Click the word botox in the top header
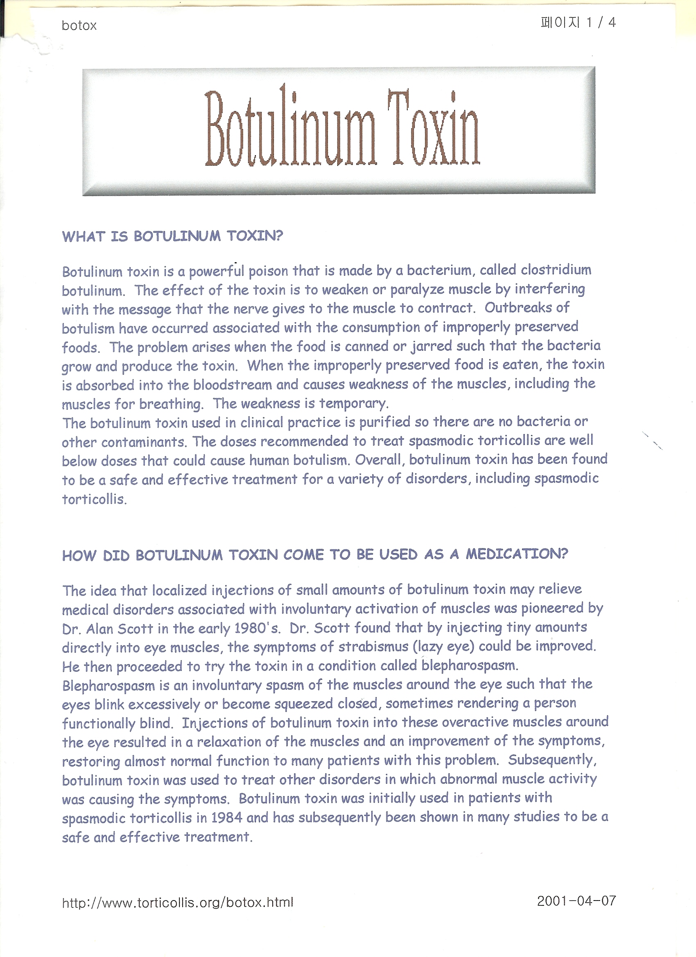point(79,26)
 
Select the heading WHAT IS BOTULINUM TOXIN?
point(172,236)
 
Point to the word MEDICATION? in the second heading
point(517,554)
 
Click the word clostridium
point(556,270)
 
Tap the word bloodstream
point(233,385)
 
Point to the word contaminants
point(144,442)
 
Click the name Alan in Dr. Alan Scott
point(99,629)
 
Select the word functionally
point(99,723)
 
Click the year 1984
point(226,818)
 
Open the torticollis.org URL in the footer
point(177,903)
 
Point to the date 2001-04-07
point(576,901)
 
